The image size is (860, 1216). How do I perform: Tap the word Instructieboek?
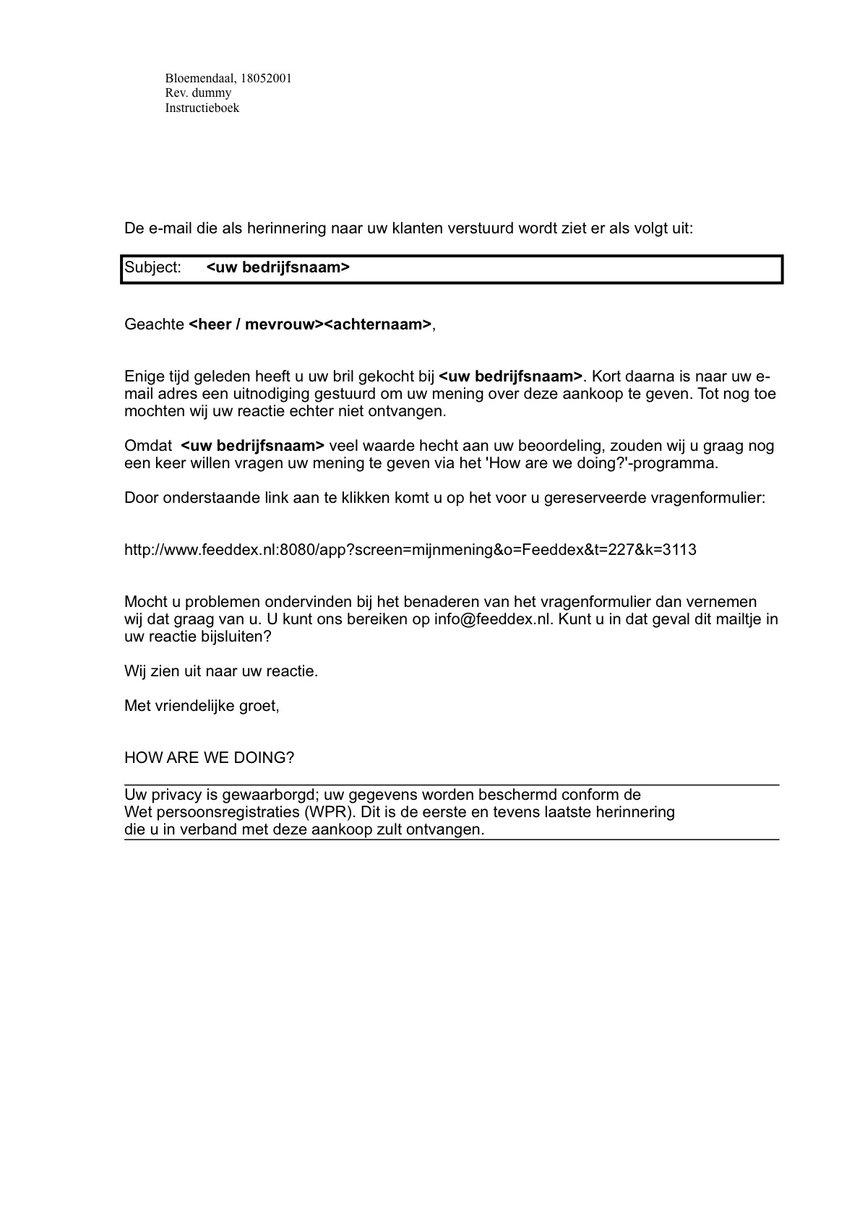202,108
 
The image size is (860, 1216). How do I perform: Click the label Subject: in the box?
152,267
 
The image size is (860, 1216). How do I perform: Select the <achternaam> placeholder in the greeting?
378,324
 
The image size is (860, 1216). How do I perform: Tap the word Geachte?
154,324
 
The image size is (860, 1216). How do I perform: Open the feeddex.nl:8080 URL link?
410,550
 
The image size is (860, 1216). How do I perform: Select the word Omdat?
148,446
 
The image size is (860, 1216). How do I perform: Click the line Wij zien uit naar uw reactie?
221,671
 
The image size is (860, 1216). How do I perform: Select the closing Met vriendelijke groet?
202,706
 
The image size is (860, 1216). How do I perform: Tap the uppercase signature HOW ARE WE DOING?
209,758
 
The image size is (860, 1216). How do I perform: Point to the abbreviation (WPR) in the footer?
330,812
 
